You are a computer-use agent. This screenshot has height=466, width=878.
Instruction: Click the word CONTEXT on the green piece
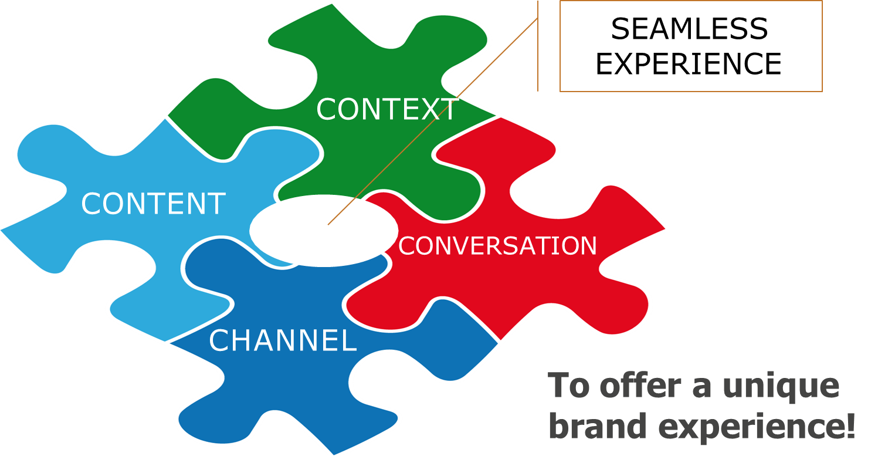[387, 110]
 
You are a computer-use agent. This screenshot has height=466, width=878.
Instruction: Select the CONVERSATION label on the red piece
[497, 246]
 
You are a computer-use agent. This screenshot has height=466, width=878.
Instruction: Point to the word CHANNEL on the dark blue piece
[283, 341]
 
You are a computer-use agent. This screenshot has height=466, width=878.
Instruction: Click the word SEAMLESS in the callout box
[689, 29]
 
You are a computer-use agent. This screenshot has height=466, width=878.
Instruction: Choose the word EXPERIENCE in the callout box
[689, 64]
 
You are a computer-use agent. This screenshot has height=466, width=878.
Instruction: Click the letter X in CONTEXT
[429, 110]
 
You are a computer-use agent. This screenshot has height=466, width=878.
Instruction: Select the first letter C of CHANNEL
[219, 341]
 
